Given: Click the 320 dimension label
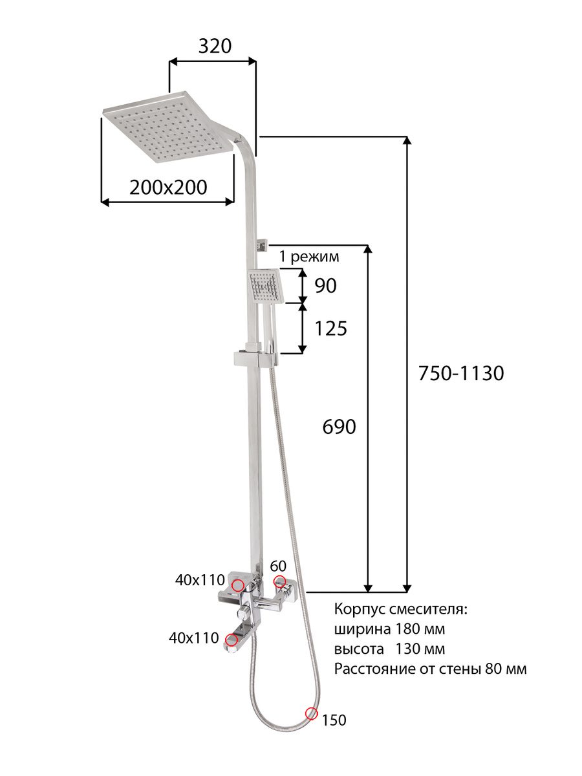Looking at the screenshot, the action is pyautogui.click(x=215, y=47).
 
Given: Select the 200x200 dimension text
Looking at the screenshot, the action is pyautogui.click(x=168, y=188).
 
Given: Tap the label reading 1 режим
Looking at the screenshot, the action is pyautogui.click(x=309, y=257).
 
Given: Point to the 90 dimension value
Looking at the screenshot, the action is pyautogui.click(x=326, y=286).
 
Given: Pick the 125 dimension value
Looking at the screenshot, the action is pyautogui.click(x=330, y=329).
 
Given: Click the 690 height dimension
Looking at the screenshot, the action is pyautogui.click(x=339, y=427).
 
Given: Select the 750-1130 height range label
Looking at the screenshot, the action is pyautogui.click(x=461, y=373).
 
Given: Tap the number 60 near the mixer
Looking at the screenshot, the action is pyautogui.click(x=278, y=566).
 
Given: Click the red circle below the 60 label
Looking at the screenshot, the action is pyautogui.click(x=280, y=581).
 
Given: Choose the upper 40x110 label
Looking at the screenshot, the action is pyautogui.click(x=200, y=580).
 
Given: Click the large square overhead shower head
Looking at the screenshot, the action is pyautogui.click(x=168, y=127).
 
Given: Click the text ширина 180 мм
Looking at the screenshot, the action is pyautogui.click(x=389, y=629).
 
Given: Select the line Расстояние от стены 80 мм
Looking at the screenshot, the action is pyautogui.click(x=430, y=669).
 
